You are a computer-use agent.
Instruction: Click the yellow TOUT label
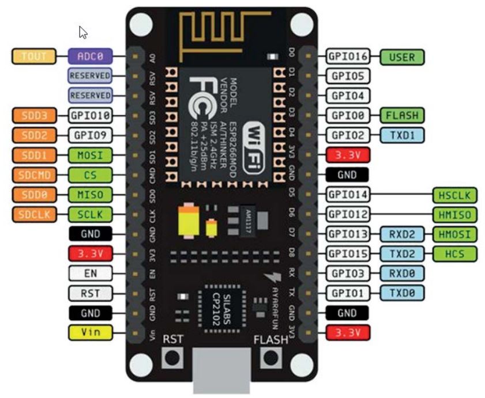pyautogui.click(x=33, y=56)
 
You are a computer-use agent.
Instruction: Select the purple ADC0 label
pyautogui.click(x=89, y=56)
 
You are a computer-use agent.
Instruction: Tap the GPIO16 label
pyautogui.click(x=348, y=56)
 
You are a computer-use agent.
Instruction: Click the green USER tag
pyautogui.click(x=402, y=56)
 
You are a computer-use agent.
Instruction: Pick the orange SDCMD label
pyautogui.click(x=33, y=175)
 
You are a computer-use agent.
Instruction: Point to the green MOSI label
pyautogui.click(x=89, y=155)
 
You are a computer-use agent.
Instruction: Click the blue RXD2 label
pyautogui.click(x=401, y=234)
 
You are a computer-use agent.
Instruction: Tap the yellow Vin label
pyautogui.click(x=89, y=332)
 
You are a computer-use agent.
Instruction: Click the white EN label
pyautogui.click(x=89, y=273)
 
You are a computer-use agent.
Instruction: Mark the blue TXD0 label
pyautogui.click(x=401, y=293)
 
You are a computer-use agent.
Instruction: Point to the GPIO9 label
pyautogui.click(x=89, y=135)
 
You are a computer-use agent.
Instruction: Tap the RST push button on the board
pyautogui.click(x=172, y=358)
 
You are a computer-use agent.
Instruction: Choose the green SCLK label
pyautogui.click(x=89, y=214)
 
